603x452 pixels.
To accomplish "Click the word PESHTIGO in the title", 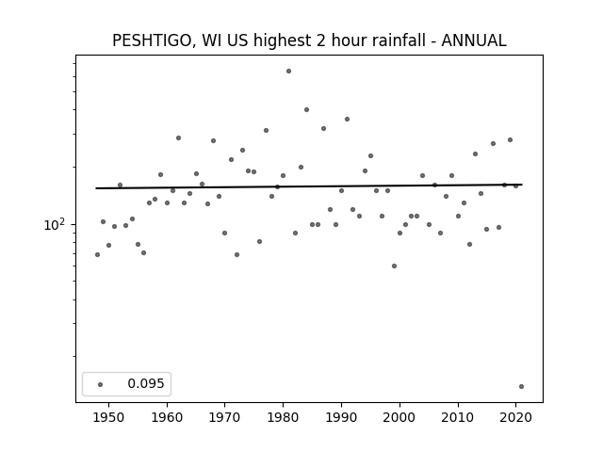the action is click(x=152, y=40).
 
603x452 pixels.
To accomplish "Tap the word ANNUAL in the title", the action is click(x=474, y=40).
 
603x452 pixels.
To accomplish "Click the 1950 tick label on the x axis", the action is click(x=109, y=417).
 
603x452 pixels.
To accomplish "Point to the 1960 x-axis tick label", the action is click(x=167, y=417).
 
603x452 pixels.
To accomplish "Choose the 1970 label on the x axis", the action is click(x=224, y=417).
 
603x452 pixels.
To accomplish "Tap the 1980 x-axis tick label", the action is click(x=283, y=417).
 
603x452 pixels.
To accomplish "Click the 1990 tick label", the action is click(x=341, y=417).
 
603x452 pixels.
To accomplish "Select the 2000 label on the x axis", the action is click(x=399, y=417).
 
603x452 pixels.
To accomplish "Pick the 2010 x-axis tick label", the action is click(x=458, y=417).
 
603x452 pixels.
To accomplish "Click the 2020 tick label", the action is click(x=515, y=417).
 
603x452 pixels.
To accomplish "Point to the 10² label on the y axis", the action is click(x=55, y=224).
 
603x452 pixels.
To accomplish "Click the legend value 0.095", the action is click(x=146, y=383).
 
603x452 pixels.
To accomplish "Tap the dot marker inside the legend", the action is click(x=101, y=384).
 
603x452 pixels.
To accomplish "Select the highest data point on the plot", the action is click(x=289, y=72).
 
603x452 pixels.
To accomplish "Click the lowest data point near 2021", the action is click(x=521, y=387).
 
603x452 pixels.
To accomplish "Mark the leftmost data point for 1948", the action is click(x=97, y=255).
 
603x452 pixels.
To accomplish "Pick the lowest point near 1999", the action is click(x=394, y=266).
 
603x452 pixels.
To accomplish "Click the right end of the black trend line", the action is click(x=522, y=185).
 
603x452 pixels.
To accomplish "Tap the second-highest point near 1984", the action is click(x=306, y=109).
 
